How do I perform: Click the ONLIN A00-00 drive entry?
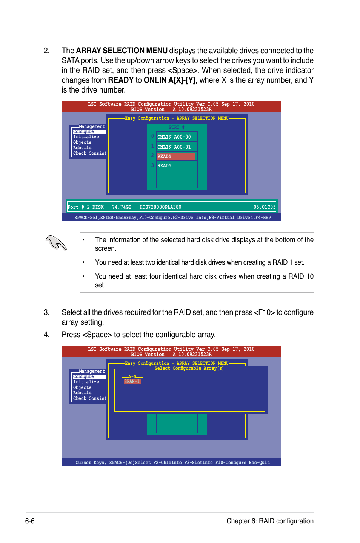(x=174, y=137)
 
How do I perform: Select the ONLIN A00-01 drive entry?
(x=174, y=147)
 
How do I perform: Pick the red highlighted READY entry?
(x=175, y=157)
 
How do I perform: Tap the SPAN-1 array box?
(x=132, y=382)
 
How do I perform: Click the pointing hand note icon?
(x=56, y=242)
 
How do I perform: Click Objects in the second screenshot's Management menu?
(x=82, y=388)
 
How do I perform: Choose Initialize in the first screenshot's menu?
(x=86, y=137)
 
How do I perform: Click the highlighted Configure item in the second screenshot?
(x=84, y=377)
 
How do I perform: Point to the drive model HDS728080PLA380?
(x=160, y=207)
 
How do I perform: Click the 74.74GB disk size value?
(x=122, y=207)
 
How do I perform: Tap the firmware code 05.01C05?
(x=265, y=207)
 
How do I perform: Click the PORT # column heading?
(x=177, y=128)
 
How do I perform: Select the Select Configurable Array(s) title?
(x=189, y=369)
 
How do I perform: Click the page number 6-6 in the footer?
(x=30, y=521)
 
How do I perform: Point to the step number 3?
(x=46, y=312)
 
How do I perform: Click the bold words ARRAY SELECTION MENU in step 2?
(x=122, y=51)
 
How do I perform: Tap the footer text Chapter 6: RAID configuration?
(x=270, y=521)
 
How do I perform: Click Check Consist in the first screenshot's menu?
(x=89, y=154)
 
